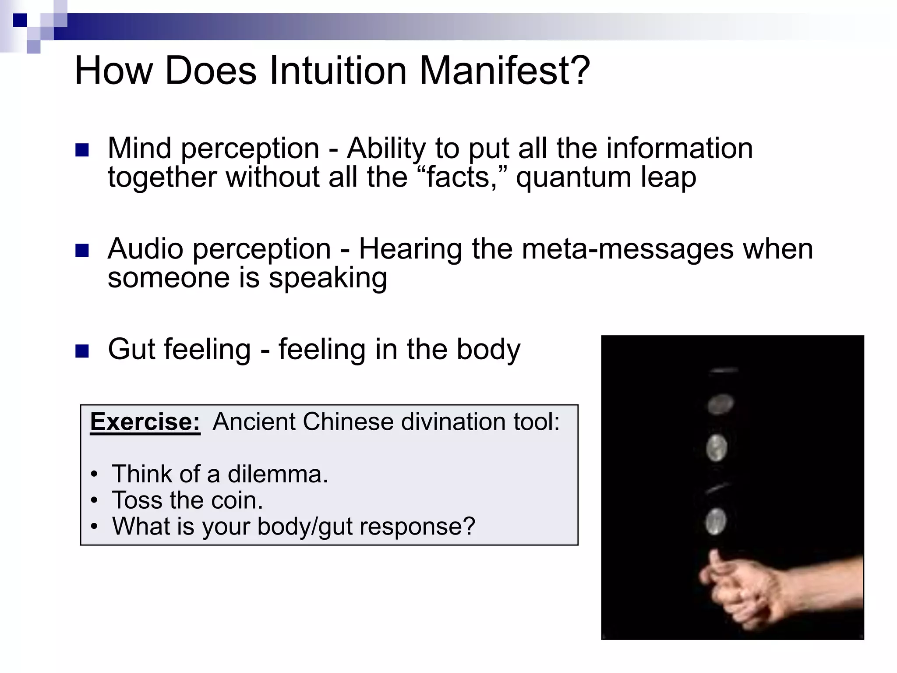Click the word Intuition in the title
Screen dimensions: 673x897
[338, 71]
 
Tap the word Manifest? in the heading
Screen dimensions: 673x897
[505, 71]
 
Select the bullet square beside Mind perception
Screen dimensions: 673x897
[82, 150]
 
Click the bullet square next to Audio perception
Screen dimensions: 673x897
[82, 251]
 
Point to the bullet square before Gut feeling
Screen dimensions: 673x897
[82, 351]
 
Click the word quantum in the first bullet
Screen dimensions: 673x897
[573, 177]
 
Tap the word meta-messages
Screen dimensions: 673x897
[628, 249]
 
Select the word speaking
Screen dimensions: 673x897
[328, 279]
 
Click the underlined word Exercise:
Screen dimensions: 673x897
[145, 422]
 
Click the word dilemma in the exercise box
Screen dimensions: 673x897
[277, 474]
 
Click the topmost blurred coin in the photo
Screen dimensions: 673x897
[724, 371]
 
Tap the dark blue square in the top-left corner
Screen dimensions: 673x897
[20, 20]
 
